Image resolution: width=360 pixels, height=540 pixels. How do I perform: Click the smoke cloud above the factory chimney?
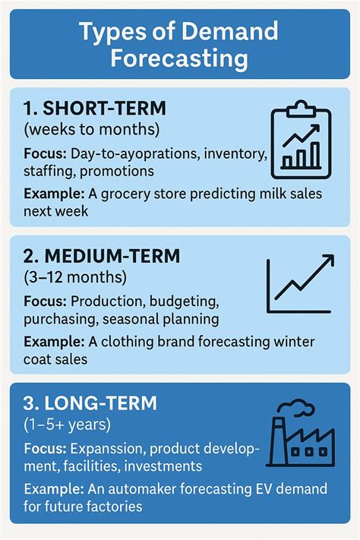tap(303, 409)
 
